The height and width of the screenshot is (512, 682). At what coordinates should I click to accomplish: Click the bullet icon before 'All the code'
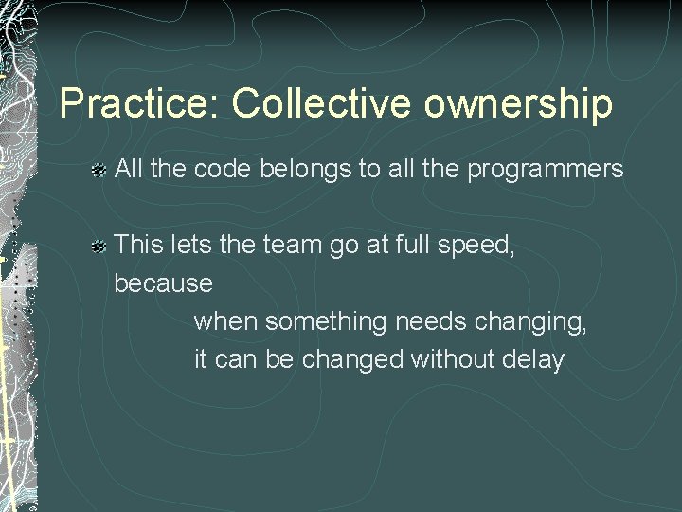point(98,172)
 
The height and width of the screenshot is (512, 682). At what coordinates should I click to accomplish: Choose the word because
point(163,283)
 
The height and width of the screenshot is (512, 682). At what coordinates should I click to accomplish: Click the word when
point(225,322)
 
